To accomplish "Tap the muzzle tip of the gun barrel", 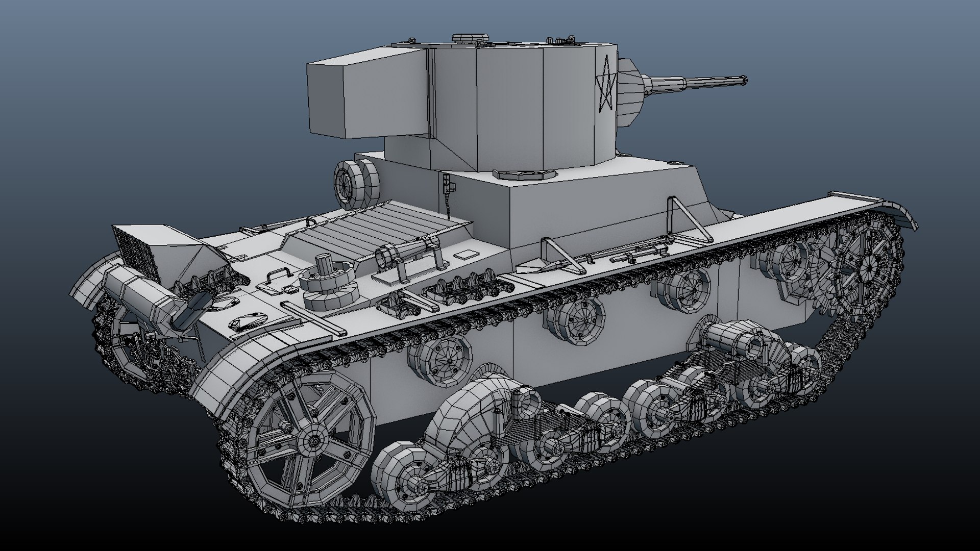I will tap(744, 80).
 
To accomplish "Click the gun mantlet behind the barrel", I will tap(630, 92).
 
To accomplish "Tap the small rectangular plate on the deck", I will tap(463, 254).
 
